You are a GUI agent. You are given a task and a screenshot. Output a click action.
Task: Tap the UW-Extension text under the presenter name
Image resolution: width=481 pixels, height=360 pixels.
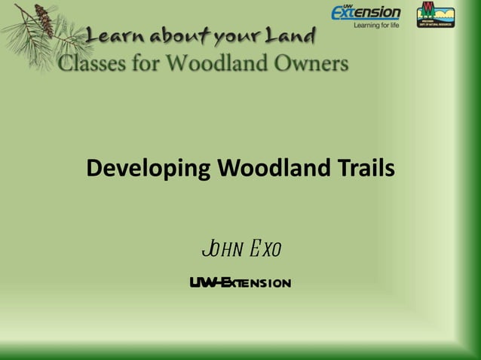click(240, 283)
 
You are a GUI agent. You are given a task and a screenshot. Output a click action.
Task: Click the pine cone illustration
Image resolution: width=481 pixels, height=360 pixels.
click(43, 20)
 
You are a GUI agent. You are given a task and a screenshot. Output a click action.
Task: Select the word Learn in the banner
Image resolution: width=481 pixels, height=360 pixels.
click(115, 36)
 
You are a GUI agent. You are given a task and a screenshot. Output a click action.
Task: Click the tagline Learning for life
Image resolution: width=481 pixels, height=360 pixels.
click(377, 26)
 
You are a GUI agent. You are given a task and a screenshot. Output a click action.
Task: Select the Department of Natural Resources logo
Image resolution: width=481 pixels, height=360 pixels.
click(435, 14)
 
